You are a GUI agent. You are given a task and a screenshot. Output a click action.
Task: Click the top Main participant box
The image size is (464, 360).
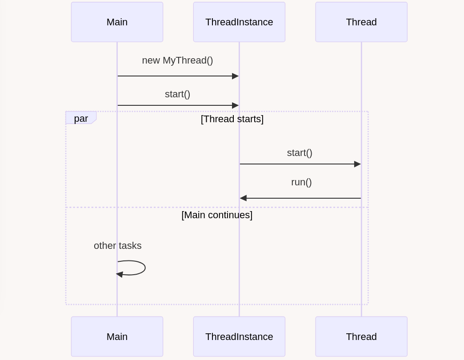tap(117, 22)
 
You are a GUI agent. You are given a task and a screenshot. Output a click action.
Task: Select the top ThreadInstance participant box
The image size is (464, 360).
tap(239, 22)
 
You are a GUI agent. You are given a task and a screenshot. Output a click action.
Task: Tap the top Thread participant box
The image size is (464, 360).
tap(361, 22)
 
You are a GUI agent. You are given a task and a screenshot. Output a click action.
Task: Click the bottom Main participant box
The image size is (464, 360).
tap(117, 336)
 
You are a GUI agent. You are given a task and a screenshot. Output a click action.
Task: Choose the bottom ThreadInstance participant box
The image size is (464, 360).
tap(239, 336)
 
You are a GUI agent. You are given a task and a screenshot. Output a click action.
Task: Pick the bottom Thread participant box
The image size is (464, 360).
tap(361, 336)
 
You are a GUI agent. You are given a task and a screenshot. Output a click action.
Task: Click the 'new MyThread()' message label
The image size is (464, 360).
tap(177, 60)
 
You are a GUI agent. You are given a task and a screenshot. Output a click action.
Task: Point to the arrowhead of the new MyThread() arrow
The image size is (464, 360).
tap(235, 76)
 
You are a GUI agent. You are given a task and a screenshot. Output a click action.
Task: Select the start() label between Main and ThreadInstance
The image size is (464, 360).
tap(177, 94)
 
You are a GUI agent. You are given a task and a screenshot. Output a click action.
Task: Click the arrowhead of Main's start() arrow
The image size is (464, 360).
tap(235, 105)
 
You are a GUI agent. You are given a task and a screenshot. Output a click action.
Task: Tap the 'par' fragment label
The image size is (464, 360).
tap(81, 118)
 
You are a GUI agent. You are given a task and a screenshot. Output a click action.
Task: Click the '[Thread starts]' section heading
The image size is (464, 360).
tap(232, 119)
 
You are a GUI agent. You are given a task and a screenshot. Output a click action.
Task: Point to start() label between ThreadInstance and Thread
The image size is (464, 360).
tap(300, 153)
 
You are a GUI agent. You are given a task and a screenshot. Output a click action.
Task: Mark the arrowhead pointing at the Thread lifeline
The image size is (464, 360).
tap(357, 164)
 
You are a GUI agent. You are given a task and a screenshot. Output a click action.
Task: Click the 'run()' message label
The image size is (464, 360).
tap(301, 182)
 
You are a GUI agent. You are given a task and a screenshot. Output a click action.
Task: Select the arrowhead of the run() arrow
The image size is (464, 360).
tap(243, 198)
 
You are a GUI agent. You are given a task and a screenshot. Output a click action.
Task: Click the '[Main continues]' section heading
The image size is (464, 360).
tap(217, 215)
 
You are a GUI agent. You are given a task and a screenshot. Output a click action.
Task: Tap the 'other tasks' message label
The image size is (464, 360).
tap(118, 245)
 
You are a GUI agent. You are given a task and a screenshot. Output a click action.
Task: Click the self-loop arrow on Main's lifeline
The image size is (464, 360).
tap(145, 268)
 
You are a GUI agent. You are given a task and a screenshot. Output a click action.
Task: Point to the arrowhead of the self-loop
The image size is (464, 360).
tap(120, 274)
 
